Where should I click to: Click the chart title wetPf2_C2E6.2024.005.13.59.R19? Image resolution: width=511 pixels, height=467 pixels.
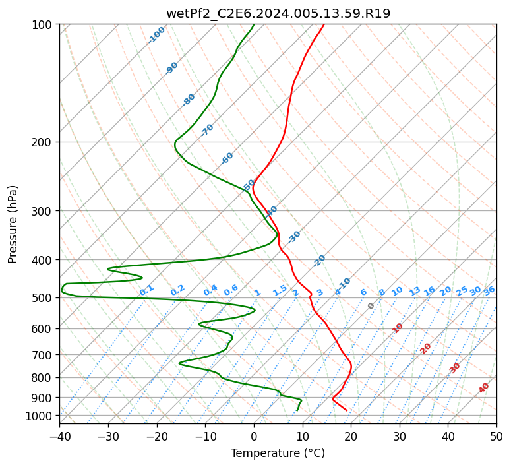tap(278, 14)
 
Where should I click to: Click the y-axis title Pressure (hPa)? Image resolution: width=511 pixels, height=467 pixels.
tap(12, 224)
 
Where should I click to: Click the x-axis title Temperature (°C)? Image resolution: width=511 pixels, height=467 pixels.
tap(278, 453)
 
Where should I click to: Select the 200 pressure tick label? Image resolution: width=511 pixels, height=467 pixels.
tap(44, 142)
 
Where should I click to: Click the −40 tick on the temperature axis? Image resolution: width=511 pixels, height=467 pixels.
tap(59, 435)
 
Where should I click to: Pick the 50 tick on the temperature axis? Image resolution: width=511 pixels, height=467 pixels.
tap(496, 435)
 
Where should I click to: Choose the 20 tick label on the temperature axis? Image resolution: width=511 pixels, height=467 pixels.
tap(351, 435)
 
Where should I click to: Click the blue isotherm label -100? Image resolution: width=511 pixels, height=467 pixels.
tap(156, 35)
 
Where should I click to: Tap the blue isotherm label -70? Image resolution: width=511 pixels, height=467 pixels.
tap(207, 129)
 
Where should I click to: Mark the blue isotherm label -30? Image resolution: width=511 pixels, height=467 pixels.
tap(294, 236)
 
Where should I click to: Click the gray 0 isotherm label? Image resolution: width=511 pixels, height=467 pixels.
tap(371, 306)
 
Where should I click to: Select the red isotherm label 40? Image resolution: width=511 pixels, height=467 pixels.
tap(484, 388)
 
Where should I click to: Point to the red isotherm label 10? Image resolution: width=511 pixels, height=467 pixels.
tap(398, 328)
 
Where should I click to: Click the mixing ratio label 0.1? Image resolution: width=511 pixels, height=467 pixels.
tap(146, 290)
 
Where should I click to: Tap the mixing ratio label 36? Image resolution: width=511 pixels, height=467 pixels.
tap(489, 291)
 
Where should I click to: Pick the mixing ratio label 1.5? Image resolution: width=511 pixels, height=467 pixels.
tap(280, 290)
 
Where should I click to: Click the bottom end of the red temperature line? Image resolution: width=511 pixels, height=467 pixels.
tap(347, 410)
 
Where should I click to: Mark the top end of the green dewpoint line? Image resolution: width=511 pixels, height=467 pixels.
tap(254, 24)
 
